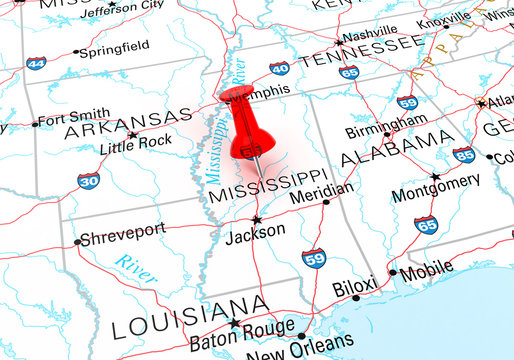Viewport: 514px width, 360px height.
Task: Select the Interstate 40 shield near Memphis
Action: click(x=279, y=69)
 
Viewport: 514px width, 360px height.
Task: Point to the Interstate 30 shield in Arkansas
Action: click(x=88, y=180)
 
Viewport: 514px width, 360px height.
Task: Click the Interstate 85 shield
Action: click(x=463, y=155)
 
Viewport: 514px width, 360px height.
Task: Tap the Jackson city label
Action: click(x=257, y=231)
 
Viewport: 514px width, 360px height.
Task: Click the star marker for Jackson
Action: click(x=257, y=218)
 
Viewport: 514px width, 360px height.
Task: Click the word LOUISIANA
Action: click(x=190, y=319)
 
